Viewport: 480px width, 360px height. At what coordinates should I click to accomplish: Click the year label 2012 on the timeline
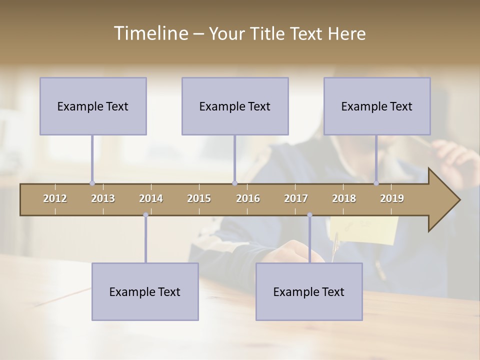tap(55, 198)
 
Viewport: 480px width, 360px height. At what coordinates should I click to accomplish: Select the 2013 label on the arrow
tap(103, 198)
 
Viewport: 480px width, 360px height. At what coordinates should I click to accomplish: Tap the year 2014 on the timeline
tap(151, 198)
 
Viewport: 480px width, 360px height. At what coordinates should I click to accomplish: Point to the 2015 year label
tap(199, 198)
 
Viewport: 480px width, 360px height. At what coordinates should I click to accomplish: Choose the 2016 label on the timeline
tap(248, 198)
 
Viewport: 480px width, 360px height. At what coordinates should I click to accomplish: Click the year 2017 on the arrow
tap(296, 198)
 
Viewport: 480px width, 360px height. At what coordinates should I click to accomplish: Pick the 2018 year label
tap(344, 198)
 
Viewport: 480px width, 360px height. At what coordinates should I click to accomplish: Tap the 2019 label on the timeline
tap(392, 198)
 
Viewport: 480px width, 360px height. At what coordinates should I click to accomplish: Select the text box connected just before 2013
tap(93, 106)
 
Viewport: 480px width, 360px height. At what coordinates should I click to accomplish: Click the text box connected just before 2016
tap(235, 106)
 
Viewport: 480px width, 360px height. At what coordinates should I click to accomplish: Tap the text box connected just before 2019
tap(377, 106)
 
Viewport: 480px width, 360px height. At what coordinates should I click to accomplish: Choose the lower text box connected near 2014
tap(145, 291)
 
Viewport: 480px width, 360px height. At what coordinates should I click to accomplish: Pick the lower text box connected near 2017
tap(309, 291)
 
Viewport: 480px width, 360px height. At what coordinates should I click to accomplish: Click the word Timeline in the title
tap(150, 33)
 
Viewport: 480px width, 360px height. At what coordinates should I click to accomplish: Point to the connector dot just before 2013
tap(92, 183)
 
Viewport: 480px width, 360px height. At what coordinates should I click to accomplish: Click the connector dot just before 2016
tap(234, 183)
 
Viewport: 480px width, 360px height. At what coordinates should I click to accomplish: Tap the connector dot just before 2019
tap(376, 183)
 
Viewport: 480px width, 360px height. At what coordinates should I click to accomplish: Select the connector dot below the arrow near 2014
tap(145, 215)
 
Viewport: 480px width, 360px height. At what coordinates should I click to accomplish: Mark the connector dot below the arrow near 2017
tap(309, 215)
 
